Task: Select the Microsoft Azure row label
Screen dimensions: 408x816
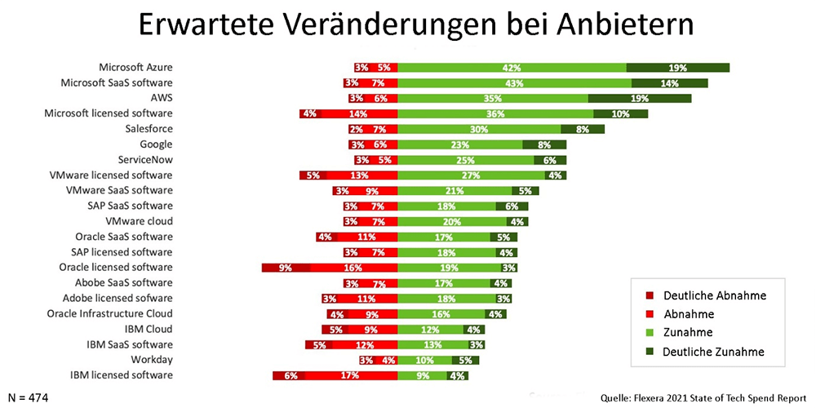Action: coord(135,67)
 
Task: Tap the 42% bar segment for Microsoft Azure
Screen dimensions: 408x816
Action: coord(512,68)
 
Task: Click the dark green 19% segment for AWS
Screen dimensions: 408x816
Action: coord(640,98)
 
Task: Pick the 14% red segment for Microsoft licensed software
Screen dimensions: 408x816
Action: coord(357,113)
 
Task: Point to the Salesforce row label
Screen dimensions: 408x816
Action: coord(149,129)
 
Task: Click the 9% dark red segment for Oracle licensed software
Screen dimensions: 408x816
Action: coord(286,268)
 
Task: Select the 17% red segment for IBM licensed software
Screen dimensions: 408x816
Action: coord(348,375)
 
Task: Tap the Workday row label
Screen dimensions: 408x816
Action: coord(152,360)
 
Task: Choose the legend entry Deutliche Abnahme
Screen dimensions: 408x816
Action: coord(714,295)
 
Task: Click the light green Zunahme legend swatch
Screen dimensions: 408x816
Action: coord(648,333)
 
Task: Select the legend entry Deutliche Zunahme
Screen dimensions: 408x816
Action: coord(714,352)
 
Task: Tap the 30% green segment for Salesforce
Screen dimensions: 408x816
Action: coord(479,129)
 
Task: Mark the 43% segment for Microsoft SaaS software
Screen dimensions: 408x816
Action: coord(514,82)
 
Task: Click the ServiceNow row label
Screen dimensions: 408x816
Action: coord(145,160)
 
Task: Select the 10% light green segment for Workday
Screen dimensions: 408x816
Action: coord(424,360)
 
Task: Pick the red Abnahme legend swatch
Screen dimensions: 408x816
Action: coord(648,314)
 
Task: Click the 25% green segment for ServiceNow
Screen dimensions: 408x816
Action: coord(465,160)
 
